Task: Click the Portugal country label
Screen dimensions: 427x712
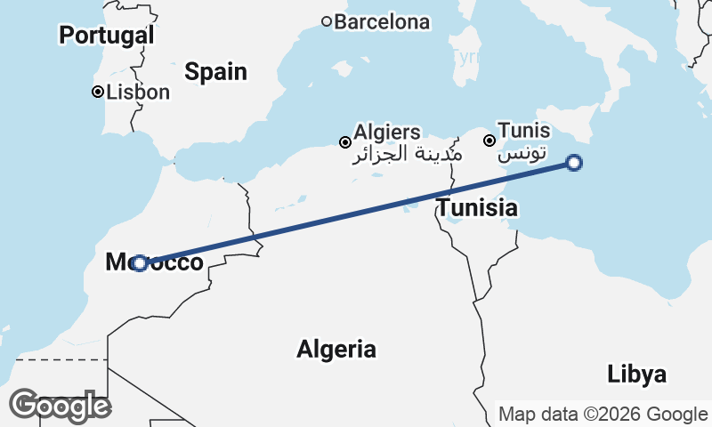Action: [107, 36]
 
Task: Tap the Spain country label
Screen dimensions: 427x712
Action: [216, 72]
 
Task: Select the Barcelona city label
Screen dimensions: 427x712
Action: [382, 21]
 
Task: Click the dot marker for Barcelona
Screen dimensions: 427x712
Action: [327, 21]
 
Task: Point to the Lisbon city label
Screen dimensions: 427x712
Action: [137, 92]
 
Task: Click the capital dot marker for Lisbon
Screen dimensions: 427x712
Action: [98, 92]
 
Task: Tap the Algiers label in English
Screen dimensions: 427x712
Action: [387, 133]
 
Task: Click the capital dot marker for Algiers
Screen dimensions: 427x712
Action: [345, 142]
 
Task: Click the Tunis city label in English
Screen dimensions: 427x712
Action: [523, 130]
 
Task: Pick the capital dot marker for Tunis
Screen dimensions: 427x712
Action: [489, 141]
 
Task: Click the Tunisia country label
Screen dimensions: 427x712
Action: [477, 209]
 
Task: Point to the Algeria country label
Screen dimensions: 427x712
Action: [336, 349]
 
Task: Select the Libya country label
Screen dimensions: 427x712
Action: [637, 375]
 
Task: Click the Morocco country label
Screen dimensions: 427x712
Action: [154, 262]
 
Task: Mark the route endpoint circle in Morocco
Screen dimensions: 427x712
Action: [140, 262]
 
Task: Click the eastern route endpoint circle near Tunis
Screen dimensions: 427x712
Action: [574, 163]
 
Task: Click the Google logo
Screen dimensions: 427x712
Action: [60, 406]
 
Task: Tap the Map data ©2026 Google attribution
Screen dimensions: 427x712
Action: [603, 414]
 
